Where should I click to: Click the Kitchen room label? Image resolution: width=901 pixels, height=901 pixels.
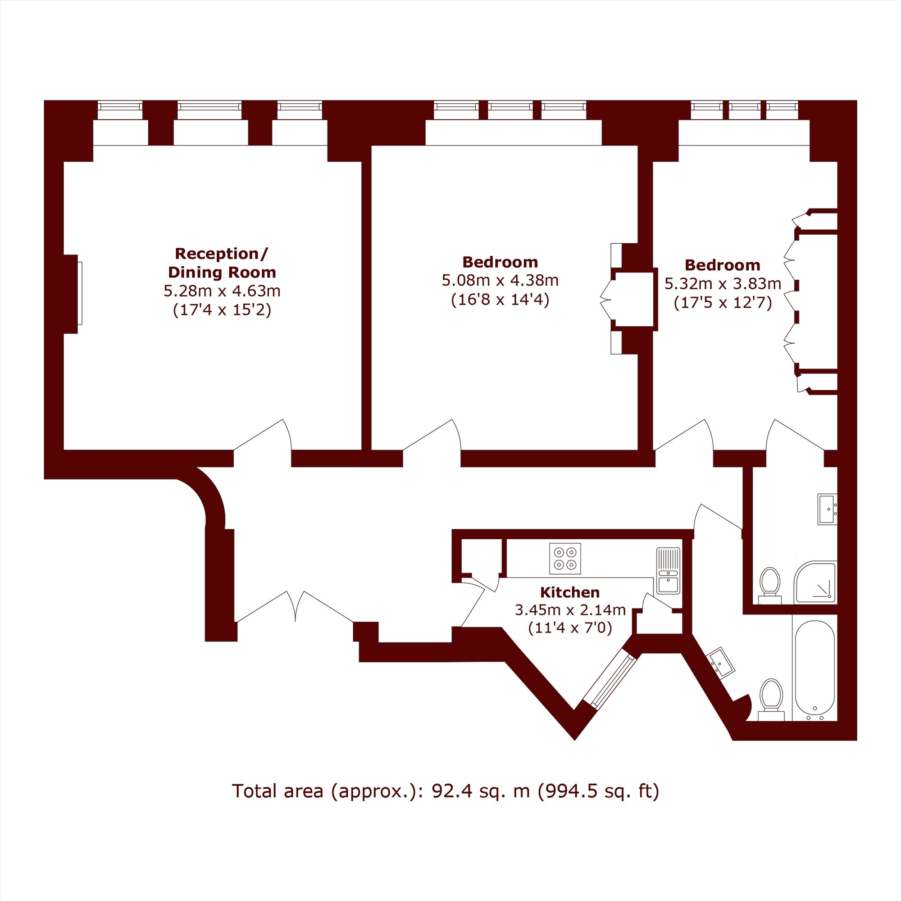(x=570, y=592)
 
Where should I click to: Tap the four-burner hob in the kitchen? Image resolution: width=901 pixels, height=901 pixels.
(x=565, y=559)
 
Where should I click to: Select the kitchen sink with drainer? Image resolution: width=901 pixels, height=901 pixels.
(x=668, y=571)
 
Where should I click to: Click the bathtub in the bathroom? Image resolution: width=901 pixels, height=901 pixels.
(x=814, y=670)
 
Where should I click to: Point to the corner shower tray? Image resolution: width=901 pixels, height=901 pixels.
(x=816, y=582)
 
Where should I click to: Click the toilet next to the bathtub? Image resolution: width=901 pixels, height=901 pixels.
(x=771, y=700)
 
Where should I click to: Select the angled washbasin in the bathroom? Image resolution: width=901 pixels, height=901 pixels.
(x=721, y=662)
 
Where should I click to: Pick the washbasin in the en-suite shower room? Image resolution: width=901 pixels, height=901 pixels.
(x=827, y=509)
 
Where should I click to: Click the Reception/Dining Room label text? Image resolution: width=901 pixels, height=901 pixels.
(x=222, y=263)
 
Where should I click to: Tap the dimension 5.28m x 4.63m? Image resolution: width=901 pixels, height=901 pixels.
(x=222, y=291)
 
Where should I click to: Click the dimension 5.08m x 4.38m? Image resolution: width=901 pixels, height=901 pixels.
(x=500, y=280)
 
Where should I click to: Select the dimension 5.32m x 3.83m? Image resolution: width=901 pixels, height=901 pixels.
(x=723, y=283)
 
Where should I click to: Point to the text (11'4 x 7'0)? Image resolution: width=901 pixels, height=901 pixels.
(x=570, y=628)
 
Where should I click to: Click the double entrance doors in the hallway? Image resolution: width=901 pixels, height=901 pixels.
(x=295, y=607)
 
